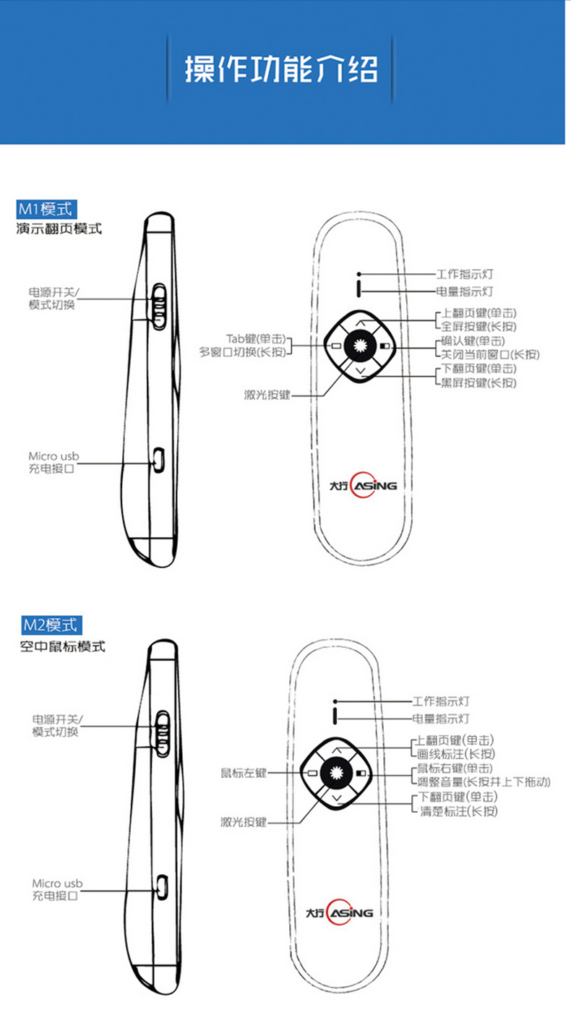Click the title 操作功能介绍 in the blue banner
click(282, 70)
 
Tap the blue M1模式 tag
click(46, 210)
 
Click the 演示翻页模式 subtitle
click(59, 229)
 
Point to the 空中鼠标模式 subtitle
click(62, 646)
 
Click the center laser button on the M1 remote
click(359, 346)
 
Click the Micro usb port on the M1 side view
click(158, 458)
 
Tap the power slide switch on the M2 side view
click(162, 731)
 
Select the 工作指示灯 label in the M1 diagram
click(465, 275)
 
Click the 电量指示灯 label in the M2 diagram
click(441, 719)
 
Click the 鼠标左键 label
click(244, 773)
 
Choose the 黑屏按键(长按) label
click(479, 382)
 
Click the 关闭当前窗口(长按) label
click(491, 354)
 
